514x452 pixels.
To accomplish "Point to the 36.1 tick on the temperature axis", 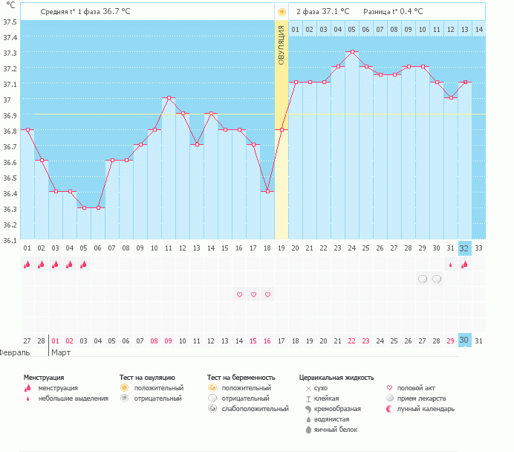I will click(10, 240).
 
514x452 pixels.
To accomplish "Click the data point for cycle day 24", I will click(352, 52).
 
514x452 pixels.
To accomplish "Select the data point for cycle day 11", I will click(169, 98).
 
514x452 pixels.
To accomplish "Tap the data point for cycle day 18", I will click(267, 192).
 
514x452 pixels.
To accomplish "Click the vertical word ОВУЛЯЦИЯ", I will click(282, 45).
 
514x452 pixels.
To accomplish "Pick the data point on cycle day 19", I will click(282, 129).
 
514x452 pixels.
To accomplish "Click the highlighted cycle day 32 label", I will click(464, 248).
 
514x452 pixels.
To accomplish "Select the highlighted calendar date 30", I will click(464, 340).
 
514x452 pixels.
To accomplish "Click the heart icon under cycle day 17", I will click(253, 294).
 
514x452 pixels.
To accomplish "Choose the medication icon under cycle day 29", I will click(423, 279).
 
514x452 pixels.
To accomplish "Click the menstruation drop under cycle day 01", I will click(27, 264).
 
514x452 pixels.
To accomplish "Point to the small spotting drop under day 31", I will click(450, 265).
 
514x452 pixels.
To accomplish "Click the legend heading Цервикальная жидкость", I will click(336, 378).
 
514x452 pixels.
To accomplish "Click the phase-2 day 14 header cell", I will click(478, 29).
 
